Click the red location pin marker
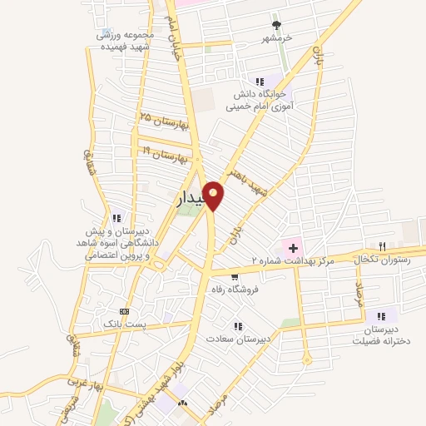point(214,196)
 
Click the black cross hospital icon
point(293,247)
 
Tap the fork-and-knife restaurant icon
point(382,246)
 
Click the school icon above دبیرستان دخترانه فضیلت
point(381,316)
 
